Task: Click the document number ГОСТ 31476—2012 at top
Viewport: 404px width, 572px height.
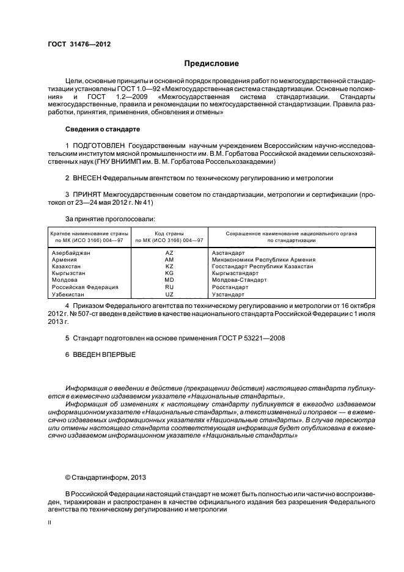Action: click(x=79, y=44)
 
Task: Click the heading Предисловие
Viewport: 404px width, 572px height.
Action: click(x=211, y=64)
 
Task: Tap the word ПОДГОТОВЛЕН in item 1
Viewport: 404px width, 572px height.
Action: click(x=100, y=145)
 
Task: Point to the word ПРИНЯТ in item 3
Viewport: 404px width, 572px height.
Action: click(x=86, y=194)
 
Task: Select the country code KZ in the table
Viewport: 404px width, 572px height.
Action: click(x=169, y=266)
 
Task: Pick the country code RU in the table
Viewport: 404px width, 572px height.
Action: click(x=169, y=287)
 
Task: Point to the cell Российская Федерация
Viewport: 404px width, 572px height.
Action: click(x=84, y=287)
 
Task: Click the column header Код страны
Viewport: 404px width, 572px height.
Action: click(x=169, y=233)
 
